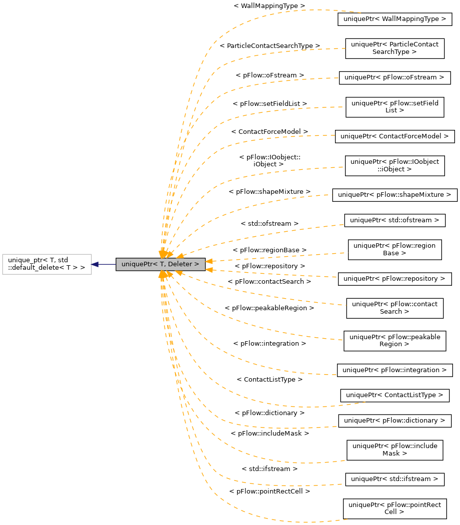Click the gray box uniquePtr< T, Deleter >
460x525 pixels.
(x=160, y=264)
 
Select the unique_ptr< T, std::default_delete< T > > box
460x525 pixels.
(x=47, y=264)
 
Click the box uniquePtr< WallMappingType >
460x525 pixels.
(x=395, y=19)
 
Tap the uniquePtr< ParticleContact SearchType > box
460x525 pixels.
(x=395, y=48)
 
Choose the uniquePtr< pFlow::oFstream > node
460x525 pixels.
(x=395, y=77)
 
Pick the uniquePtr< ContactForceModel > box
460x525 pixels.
(x=395, y=136)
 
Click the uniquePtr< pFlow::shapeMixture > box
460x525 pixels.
(x=395, y=194)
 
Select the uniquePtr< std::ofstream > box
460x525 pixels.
(x=395, y=220)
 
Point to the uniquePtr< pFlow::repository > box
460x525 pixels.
(x=395, y=279)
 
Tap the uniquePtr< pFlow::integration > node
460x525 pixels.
(x=395, y=370)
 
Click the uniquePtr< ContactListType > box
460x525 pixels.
(x=395, y=395)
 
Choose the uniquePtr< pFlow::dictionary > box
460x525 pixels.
(x=395, y=421)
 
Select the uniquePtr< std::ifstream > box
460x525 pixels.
(x=395, y=479)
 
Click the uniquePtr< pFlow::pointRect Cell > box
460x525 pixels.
(x=395, y=508)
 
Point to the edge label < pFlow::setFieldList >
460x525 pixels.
(x=270, y=103)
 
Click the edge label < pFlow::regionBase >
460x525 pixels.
(x=269, y=249)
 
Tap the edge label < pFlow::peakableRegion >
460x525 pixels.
(x=269, y=308)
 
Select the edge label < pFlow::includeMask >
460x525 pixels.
(x=270, y=433)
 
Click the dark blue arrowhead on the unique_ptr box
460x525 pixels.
(x=95, y=264)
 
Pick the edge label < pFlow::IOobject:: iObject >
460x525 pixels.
(x=270, y=160)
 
